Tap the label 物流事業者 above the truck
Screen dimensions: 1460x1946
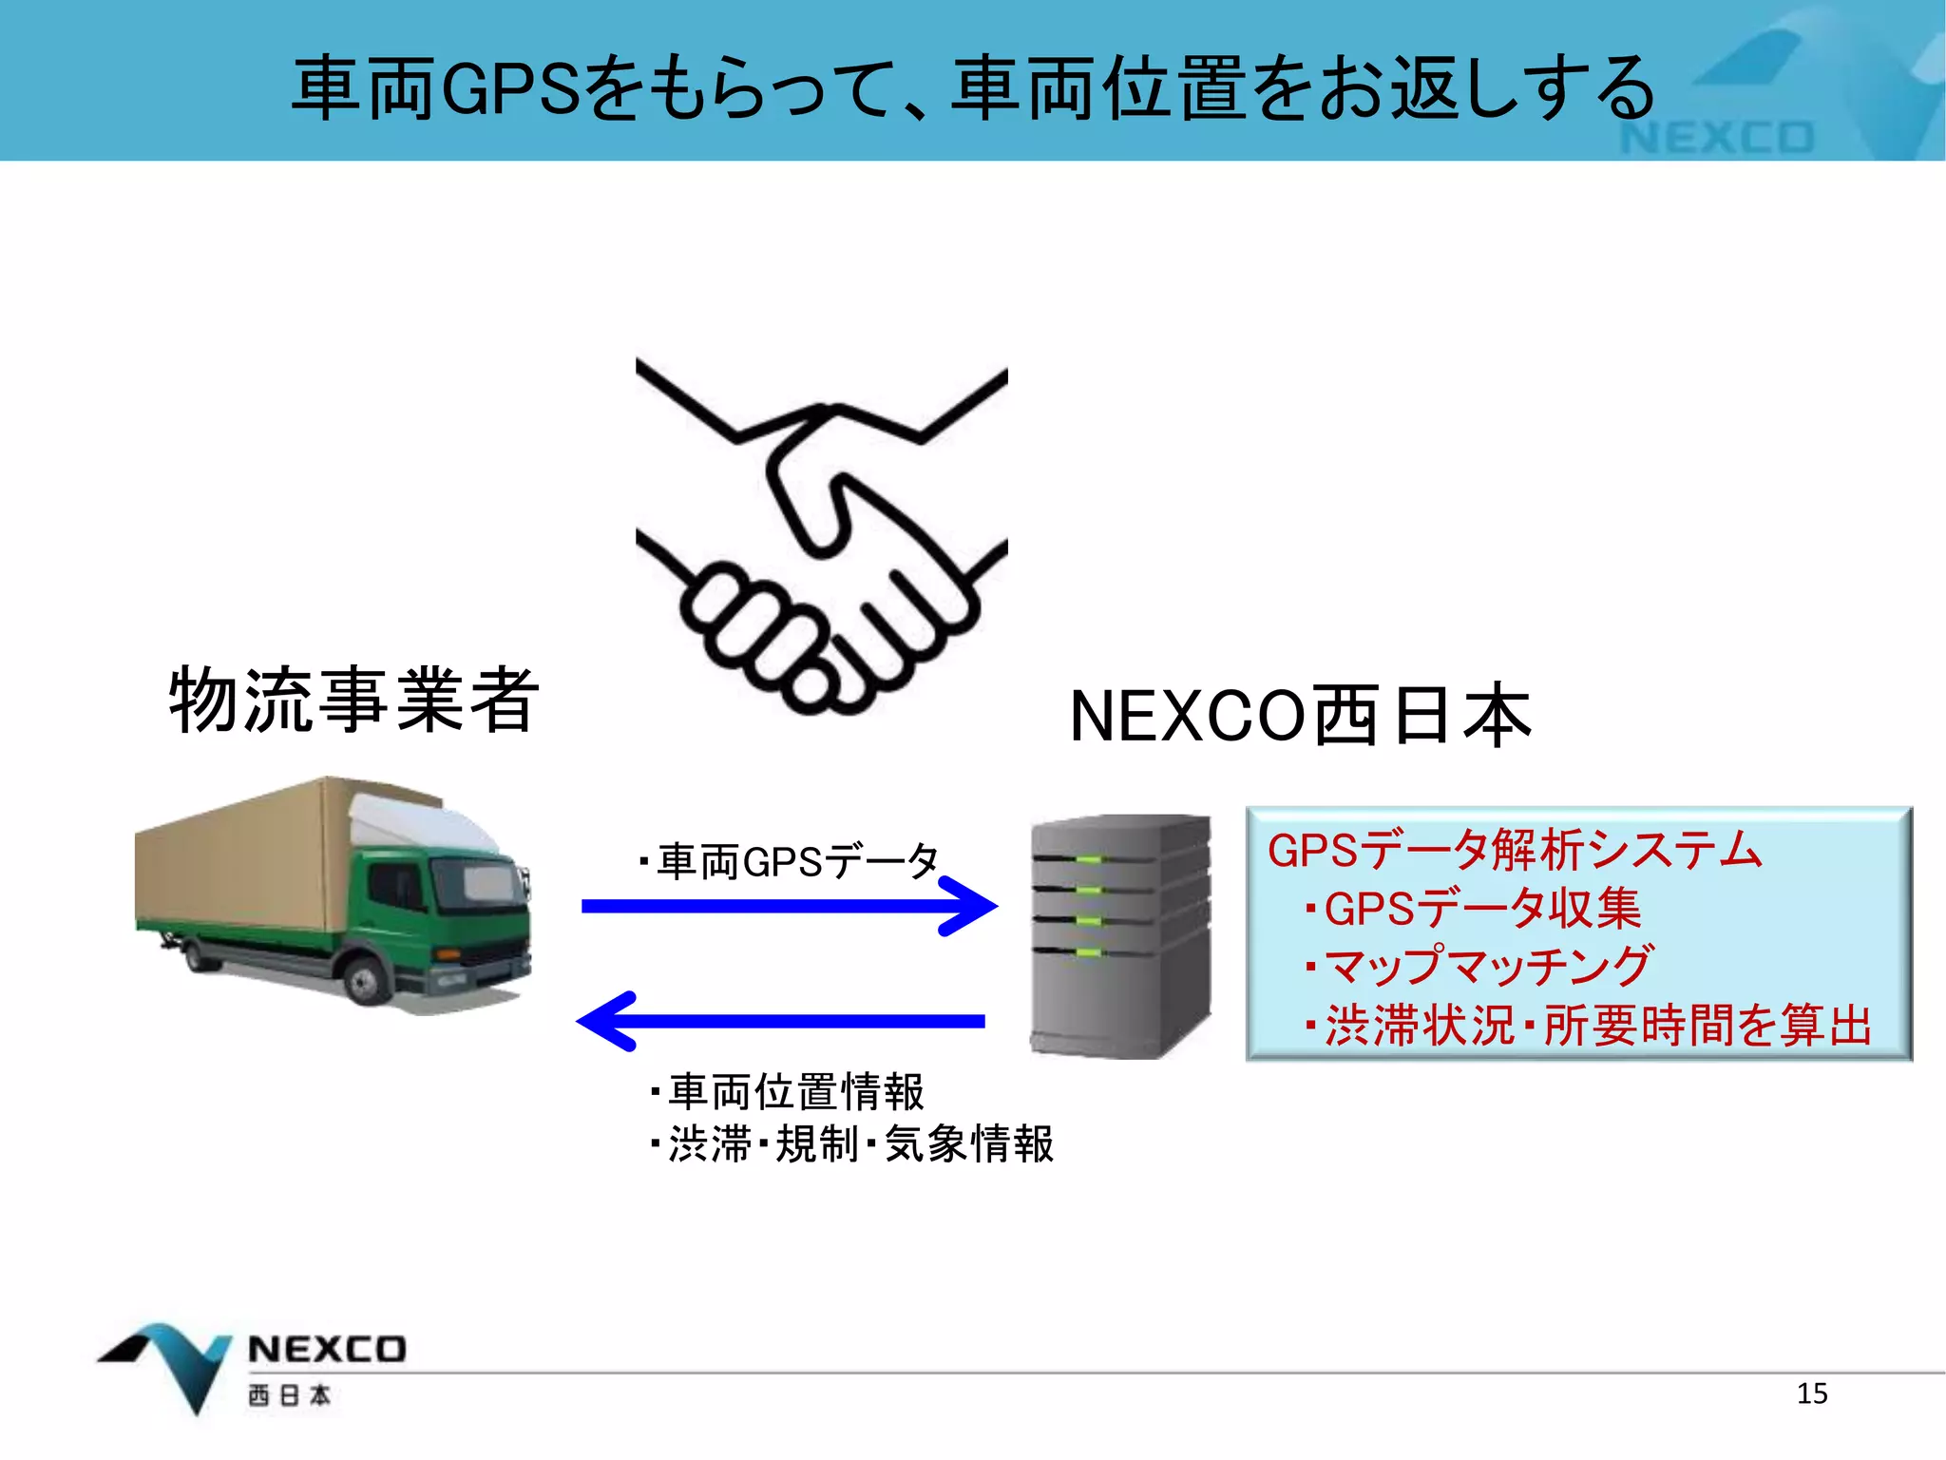[x=353, y=701]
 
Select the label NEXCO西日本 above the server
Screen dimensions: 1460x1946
[x=1299, y=716]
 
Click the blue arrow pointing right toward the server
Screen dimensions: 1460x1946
[x=789, y=906]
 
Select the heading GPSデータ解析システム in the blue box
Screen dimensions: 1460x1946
[x=1515, y=850]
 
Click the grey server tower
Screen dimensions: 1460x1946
[x=1121, y=936]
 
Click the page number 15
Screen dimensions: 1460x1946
[x=1811, y=1393]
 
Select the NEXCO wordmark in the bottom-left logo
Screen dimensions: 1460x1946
[x=326, y=1350]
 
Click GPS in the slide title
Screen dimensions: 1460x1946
[x=510, y=88]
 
